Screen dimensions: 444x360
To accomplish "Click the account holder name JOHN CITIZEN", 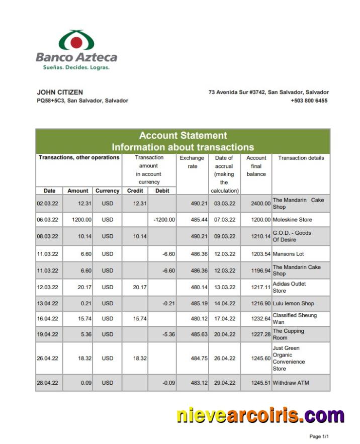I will (60, 93).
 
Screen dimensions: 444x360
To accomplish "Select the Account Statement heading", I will (183, 135).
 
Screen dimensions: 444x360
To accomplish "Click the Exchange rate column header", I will (192, 162).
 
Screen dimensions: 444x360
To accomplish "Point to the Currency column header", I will (107, 191).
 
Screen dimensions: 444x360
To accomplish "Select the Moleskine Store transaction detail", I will (292, 220).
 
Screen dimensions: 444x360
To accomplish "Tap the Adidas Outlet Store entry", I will (289, 287).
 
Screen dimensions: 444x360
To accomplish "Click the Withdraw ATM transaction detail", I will (291, 383).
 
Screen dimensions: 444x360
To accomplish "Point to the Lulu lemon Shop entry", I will (293, 304).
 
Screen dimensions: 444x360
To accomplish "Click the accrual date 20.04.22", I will (225, 334).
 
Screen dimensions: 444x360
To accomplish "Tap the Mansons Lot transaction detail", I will (288, 254).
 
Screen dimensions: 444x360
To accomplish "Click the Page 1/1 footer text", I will (319, 436).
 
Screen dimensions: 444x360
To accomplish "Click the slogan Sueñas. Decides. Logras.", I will (73, 67).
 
